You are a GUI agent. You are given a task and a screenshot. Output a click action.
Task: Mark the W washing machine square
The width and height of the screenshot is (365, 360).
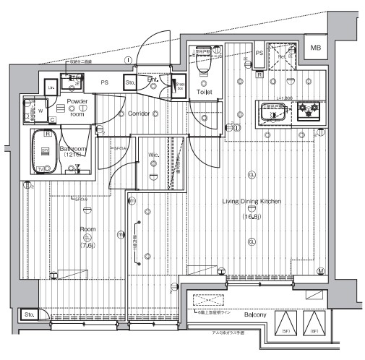pyautogui.click(x=39, y=111)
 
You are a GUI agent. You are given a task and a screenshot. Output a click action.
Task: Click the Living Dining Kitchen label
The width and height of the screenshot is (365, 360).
pyautogui.click(x=252, y=202)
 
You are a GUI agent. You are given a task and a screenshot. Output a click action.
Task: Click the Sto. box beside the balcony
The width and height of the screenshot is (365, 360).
pyautogui.click(x=30, y=315)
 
